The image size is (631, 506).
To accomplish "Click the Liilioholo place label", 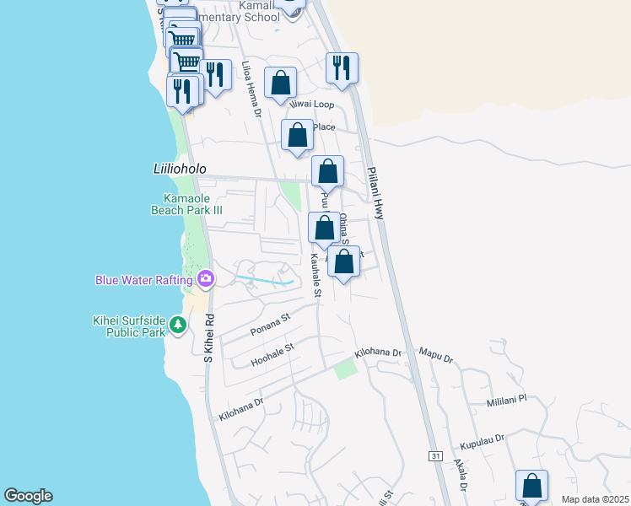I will (180, 169).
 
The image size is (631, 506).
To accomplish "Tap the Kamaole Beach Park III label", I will (186, 203).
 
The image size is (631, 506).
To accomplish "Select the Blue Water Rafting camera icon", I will (205, 278).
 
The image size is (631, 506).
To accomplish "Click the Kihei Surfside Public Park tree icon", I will (177, 324).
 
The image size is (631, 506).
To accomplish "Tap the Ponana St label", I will (269, 323).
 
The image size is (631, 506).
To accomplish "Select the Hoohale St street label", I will (272, 354).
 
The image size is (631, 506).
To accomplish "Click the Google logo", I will (28, 496).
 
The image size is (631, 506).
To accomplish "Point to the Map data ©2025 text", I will (595, 499).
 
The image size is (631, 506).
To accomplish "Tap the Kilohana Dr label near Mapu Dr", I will (379, 352).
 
